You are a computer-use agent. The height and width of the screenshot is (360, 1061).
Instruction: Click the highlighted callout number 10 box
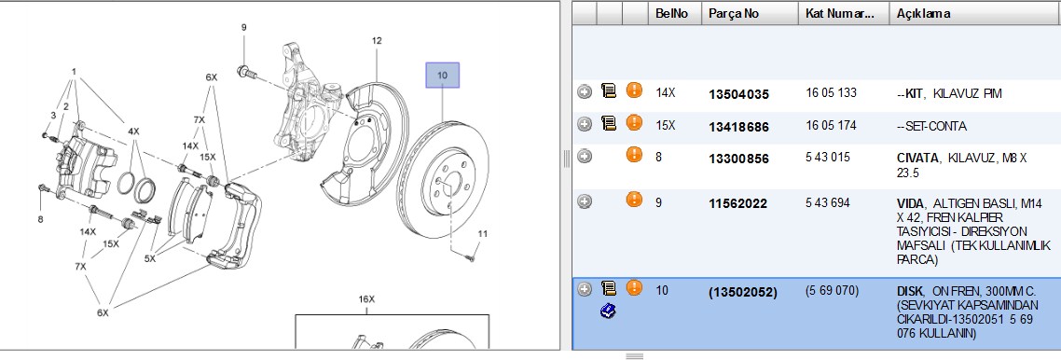click(442, 76)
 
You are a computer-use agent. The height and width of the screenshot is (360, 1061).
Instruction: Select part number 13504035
click(738, 95)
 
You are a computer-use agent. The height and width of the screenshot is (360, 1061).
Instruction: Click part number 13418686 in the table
click(738, 127)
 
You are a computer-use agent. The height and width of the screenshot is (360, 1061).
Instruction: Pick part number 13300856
click(738, 159)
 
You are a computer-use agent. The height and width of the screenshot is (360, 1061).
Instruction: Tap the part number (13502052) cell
click(742, 292)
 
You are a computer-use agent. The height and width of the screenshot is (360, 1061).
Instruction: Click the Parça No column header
click(734, 14)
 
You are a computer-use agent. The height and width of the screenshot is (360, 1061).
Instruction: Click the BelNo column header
click(672, 14)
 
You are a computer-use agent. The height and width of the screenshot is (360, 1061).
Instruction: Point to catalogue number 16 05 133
click(831, 92)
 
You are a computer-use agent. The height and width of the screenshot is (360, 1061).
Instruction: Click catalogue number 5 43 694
click(828, 202)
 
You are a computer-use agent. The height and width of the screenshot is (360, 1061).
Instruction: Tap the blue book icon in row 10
click(608, 311)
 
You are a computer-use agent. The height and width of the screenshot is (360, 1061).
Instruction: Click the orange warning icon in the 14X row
click(634, 90)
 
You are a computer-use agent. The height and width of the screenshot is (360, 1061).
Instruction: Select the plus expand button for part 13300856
click(585, 157)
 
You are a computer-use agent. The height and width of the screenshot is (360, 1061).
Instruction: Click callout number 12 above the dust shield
click(377, 41)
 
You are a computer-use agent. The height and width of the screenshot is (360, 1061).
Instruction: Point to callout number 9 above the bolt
click(243, 27)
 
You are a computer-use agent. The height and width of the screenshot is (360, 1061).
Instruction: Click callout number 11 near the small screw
click(482, 234)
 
